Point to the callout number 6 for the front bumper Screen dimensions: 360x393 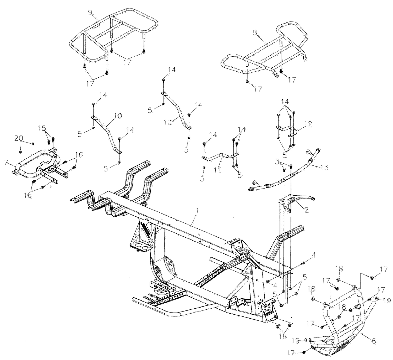pos(373,341)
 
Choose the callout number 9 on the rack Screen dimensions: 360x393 pos(91,13)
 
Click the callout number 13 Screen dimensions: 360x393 pos(324,167)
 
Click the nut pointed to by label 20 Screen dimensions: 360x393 pos(33,144)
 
